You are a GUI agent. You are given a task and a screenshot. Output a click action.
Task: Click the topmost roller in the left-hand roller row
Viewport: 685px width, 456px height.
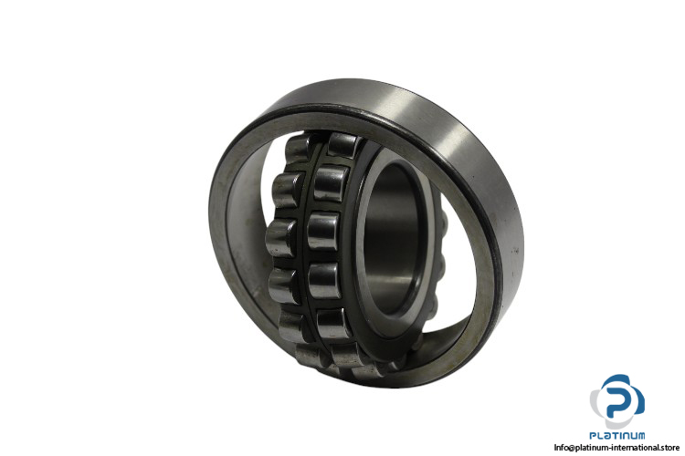pyautogui.click(x=299, y=149)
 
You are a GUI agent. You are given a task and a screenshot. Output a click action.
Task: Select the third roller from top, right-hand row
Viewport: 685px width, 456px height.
pyautogui.click(x=322, y=232)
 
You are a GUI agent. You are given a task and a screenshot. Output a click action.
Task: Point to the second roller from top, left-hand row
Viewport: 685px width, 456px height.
pyautogui.click(x=287, y=190)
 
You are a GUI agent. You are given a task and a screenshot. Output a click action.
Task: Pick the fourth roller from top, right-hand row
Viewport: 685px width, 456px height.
pyautogui.click(x=324, y=281)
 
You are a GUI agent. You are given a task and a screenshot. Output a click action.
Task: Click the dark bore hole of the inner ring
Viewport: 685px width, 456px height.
pyautogui.click(x=391, y=239)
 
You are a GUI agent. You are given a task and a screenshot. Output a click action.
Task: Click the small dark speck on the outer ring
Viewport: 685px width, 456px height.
pyautogui.click(x=515, y=251)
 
